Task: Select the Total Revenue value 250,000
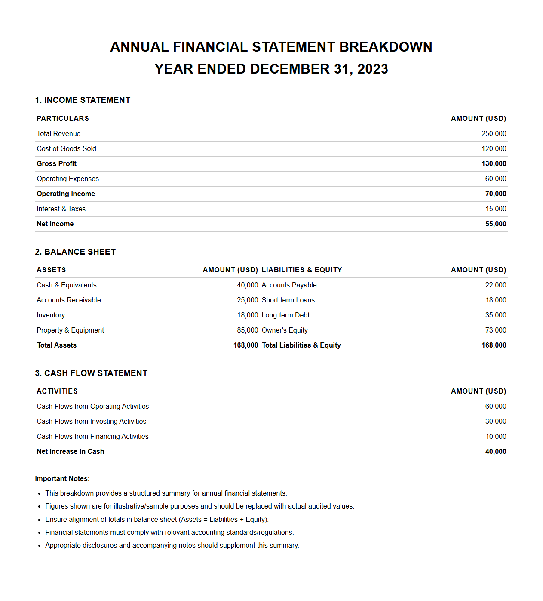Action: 494,134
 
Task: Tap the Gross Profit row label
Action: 56,164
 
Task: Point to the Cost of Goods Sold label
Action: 66,149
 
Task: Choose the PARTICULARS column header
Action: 63,119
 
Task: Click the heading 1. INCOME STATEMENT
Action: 83,100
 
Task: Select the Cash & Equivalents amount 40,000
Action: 247,285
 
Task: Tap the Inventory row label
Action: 51,315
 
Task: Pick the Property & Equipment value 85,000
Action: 247,330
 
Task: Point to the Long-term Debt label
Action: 285,315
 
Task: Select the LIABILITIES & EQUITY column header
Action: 301,270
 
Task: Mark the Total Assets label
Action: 57,345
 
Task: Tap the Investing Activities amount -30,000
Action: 494,422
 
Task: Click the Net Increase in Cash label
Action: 71,452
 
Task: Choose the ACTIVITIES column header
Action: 57,391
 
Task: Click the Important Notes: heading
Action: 62,479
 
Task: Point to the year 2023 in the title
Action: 372,69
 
